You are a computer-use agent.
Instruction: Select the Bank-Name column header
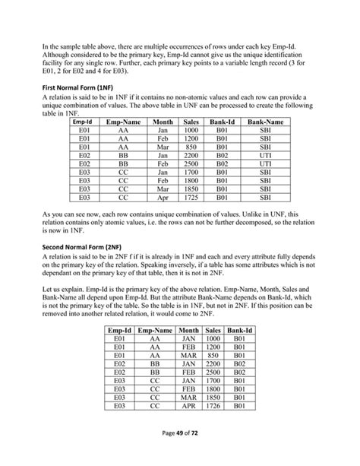266,122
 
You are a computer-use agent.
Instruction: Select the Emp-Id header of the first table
85,122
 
